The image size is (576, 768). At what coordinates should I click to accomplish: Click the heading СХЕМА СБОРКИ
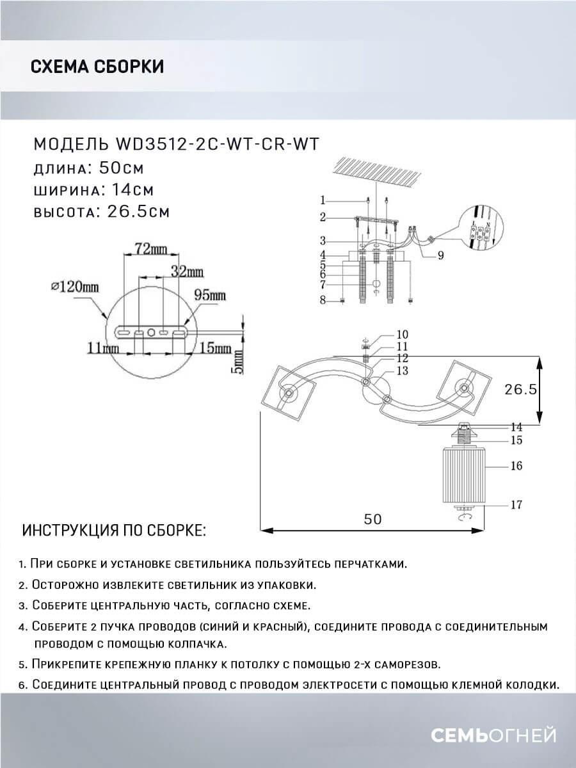click(x=97, y=67)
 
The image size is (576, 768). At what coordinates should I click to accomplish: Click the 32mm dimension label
click(x=186, y=271)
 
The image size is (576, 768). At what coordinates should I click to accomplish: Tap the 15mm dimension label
click(x=215, y=348)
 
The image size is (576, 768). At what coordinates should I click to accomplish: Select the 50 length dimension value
click(x=372, y=520)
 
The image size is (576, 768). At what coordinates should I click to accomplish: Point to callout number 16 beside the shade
click(x=516, y=466)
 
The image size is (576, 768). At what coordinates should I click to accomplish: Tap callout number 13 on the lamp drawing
click(x=403, y=371)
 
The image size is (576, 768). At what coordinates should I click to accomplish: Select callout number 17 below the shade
click(x=516, y=504)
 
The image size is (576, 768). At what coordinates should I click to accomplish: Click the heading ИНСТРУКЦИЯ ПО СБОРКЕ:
click(x=115, y=531)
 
